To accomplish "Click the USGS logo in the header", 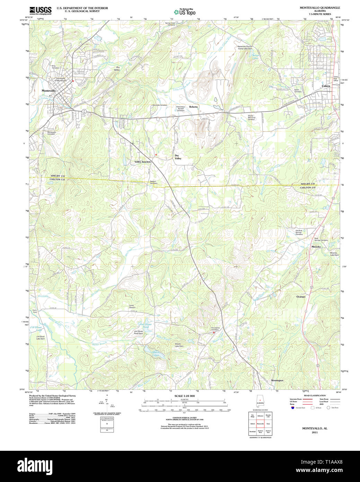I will pyautogui.click(x=40, y=10).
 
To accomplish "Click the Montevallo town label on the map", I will pyautogui.click(x=49, y=91).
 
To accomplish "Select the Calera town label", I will pyautogui.click(x=326, y=86).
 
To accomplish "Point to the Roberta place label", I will pyautogui.click(x=193, y=107).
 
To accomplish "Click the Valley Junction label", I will pyautogui.click(x=143, y=162).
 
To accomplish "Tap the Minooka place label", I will pyautogui.click(x=316, y=247).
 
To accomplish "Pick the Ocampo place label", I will pyautogui.click(x=301, y=297).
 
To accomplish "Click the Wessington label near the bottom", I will pyautogui.click(x=277, y=380).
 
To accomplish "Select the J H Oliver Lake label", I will pyautogui.click(x=36, y=328).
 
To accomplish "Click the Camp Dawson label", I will pyautogui.click(x=132, y=307).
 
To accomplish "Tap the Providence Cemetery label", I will pyautogui.click(x=215, y=329).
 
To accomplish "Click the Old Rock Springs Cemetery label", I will pyautogui.click(x=299, y=232).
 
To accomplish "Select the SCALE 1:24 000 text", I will pyautogui.click(x=184, y=396).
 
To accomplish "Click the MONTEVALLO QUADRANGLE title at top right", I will pyautogui.click(x=320, y=8).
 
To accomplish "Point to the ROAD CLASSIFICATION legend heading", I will pyautogui.click(x=315, y=396).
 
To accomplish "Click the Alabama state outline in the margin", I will pyautogui.click(x=260, y=401).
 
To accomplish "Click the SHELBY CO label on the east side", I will pyautogui.click(x=308, y=184).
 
